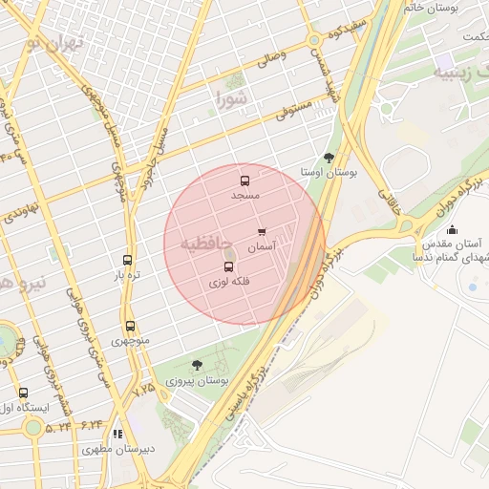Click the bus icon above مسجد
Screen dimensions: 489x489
point(244,180)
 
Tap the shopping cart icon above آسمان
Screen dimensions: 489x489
point(262,232)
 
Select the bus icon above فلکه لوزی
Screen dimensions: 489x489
point(228,267)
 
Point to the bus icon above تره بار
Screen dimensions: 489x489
point(128,260)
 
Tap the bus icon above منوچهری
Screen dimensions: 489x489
point(130,326)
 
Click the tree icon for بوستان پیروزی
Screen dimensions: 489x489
point(197,365)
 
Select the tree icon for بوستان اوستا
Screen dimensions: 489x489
point(330,158)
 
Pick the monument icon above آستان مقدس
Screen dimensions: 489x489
point(452,229)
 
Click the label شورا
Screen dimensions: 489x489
point(232,97)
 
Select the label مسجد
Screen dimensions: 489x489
point(244,194)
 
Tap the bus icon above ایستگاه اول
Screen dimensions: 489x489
point(23,393)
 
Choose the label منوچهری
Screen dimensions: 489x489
point(130,340)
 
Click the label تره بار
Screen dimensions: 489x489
point(128,275)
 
